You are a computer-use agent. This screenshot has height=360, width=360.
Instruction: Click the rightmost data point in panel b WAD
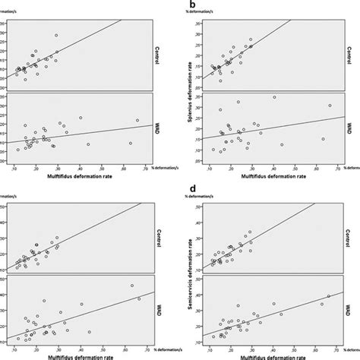click(x=330, y=106)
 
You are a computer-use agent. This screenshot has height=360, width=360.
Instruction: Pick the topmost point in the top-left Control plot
click(x=55, y=35)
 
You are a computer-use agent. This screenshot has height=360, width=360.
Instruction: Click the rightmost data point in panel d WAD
click(x=328, y=296)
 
